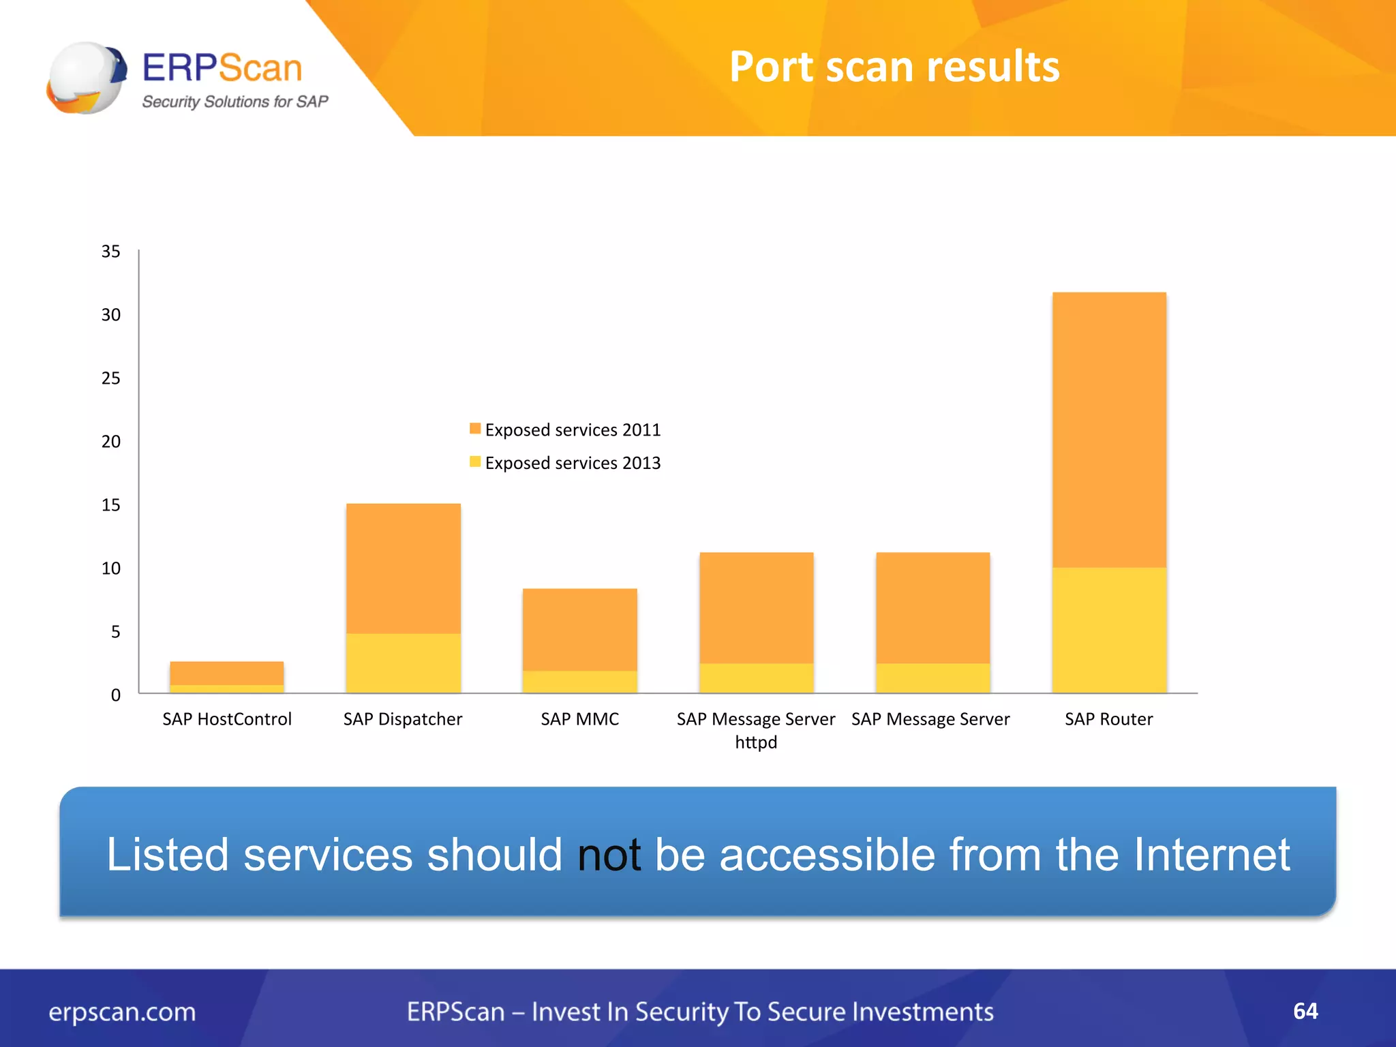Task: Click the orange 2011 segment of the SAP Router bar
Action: coord(1109,429)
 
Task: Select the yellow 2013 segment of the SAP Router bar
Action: coord(1109,630)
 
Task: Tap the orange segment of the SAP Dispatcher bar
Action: coord(403,568)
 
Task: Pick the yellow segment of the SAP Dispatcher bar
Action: coord(403,663)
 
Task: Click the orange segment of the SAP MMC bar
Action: coord(579,629)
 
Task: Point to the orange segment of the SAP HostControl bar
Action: coord(226,673)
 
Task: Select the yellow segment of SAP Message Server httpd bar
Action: coord(756,678)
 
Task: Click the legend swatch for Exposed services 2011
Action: coord(475,429)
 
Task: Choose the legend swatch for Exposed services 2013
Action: coord(475,461)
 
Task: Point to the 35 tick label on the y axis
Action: coord(110,252)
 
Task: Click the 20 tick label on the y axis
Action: coord(110,442)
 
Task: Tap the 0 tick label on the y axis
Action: coord(115,695)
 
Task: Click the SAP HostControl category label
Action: coord(226,719)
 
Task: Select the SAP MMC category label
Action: coord(579,719)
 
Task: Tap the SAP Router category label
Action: coord(1108,719)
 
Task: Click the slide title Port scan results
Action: coord(894,67)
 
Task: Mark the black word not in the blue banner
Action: coord(609,855)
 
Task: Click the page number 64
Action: coord(1305,1011)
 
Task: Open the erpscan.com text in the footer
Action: coord(122,1012)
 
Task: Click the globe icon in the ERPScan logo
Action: coord(87,78)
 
